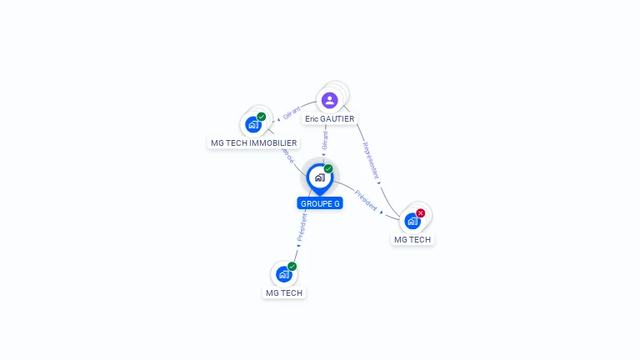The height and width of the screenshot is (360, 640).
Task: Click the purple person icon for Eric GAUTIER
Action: [330, 100]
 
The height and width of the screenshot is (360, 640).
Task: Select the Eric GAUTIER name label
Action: [330, 119]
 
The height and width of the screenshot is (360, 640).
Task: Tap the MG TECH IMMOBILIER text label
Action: [253, 143]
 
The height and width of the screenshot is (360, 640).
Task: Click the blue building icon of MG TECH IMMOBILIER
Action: [253, 125]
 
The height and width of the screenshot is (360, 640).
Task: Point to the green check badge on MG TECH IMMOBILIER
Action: [262, 117]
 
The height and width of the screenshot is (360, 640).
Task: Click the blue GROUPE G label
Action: [320, 203]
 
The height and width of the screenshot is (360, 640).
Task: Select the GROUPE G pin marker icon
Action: [319, 177]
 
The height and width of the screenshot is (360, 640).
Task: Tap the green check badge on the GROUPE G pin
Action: [328, 168]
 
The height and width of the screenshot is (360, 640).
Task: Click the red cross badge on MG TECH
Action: [421, 213]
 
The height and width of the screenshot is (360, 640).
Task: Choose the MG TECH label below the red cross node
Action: [412, 240]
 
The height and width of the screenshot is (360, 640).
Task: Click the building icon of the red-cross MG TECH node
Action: [412, 222]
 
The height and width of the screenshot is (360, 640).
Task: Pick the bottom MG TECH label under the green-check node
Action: [284, 292]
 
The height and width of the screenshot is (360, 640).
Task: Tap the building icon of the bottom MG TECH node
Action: [283, 274]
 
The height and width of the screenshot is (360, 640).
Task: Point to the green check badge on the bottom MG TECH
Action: [292, 266]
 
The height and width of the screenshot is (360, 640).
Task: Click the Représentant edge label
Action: [371, 161]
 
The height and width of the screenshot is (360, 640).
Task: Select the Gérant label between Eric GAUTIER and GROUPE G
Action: [325, 140]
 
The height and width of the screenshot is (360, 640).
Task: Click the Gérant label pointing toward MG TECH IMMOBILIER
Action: [292, 113]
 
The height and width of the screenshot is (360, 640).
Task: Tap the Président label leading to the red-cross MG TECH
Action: [366, 200]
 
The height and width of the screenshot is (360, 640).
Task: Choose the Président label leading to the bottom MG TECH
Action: [302, 227]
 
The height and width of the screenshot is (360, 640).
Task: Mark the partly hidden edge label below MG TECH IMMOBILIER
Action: [288, 157]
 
